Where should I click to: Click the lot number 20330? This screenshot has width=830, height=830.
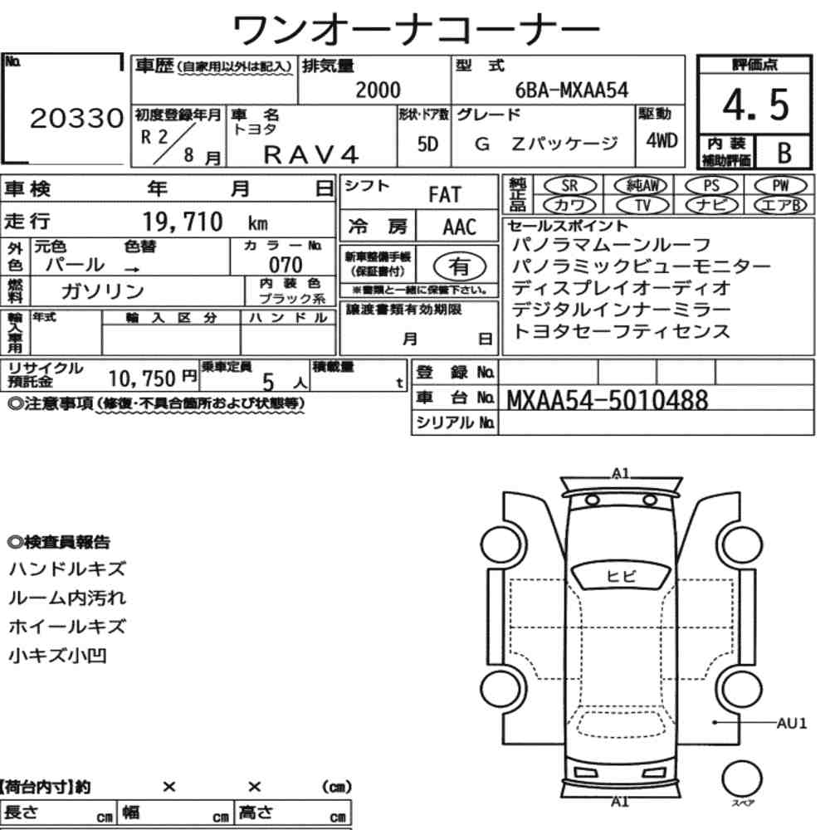(76, 118)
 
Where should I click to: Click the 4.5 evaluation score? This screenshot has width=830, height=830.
(755, 105)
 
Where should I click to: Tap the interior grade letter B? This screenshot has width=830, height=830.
(784, 153)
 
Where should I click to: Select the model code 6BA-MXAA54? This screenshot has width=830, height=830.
(572, 90)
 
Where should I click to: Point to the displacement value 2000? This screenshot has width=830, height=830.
(378, 90)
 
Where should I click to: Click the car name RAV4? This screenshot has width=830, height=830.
(311, 155)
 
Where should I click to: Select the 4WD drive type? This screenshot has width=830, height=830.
(662, 140)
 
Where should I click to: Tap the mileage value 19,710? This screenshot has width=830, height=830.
(183, 222)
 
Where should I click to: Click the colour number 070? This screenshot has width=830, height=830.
(286, 265)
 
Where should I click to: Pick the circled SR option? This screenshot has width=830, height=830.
(570, 186)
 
